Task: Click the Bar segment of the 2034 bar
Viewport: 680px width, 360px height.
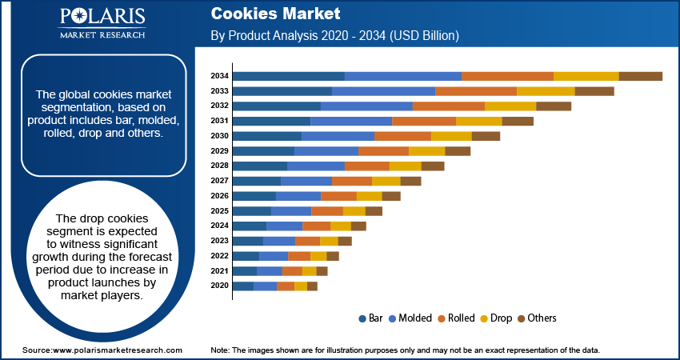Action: pos(289,76)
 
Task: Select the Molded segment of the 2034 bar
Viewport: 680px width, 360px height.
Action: pos(403,76)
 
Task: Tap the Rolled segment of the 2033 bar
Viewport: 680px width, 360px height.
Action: pos(476,91)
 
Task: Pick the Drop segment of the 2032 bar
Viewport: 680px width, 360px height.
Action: pos(510,106)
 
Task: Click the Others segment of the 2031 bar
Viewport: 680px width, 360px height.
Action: pos(518,121)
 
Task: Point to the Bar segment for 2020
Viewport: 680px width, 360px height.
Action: pos(243,286)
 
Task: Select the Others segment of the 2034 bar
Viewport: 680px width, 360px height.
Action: pos(641,76)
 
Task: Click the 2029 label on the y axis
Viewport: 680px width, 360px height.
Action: pos(220,151)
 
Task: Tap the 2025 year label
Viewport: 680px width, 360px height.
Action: pos(220,211)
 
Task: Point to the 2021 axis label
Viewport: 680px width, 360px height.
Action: pos(220,271)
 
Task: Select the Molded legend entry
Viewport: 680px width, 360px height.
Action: pos(412,318)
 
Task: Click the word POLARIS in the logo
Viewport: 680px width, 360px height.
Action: pos(102,18)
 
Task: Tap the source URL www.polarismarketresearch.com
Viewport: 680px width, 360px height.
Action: pos(117,350)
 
